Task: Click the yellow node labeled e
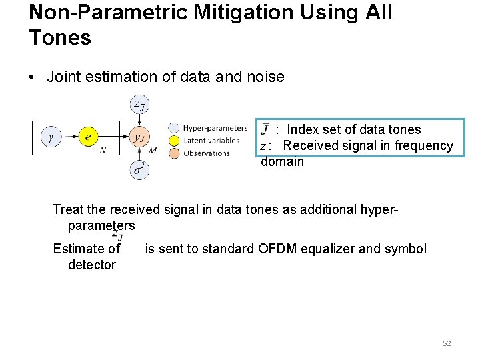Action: click(x=88, y=137)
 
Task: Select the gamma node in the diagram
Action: click(x=52, y=137)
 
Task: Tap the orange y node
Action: click(x=139, y=137)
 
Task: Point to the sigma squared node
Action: click(x=139, y=169)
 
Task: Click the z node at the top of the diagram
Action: click(x=139, y=105)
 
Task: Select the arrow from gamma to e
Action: click(x=70, y=137)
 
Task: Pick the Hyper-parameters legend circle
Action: click(x=174, y=128)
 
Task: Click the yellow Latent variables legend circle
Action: click(x=174, y=141)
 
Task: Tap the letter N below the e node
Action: click(x=103, y=151)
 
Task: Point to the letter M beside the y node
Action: click(x=153, y=151)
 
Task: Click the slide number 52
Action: click(x=447, y=343)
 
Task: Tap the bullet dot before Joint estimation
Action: click(x=33, y=77)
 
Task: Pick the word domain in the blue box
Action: click(x=282, y=161)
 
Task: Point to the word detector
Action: click(x=92, y=265)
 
